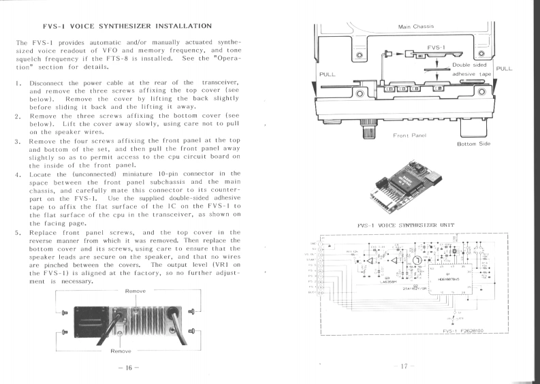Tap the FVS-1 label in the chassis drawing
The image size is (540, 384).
(436, 48)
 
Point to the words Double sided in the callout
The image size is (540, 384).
(471, 64)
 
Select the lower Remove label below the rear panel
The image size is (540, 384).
(121, 352)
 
